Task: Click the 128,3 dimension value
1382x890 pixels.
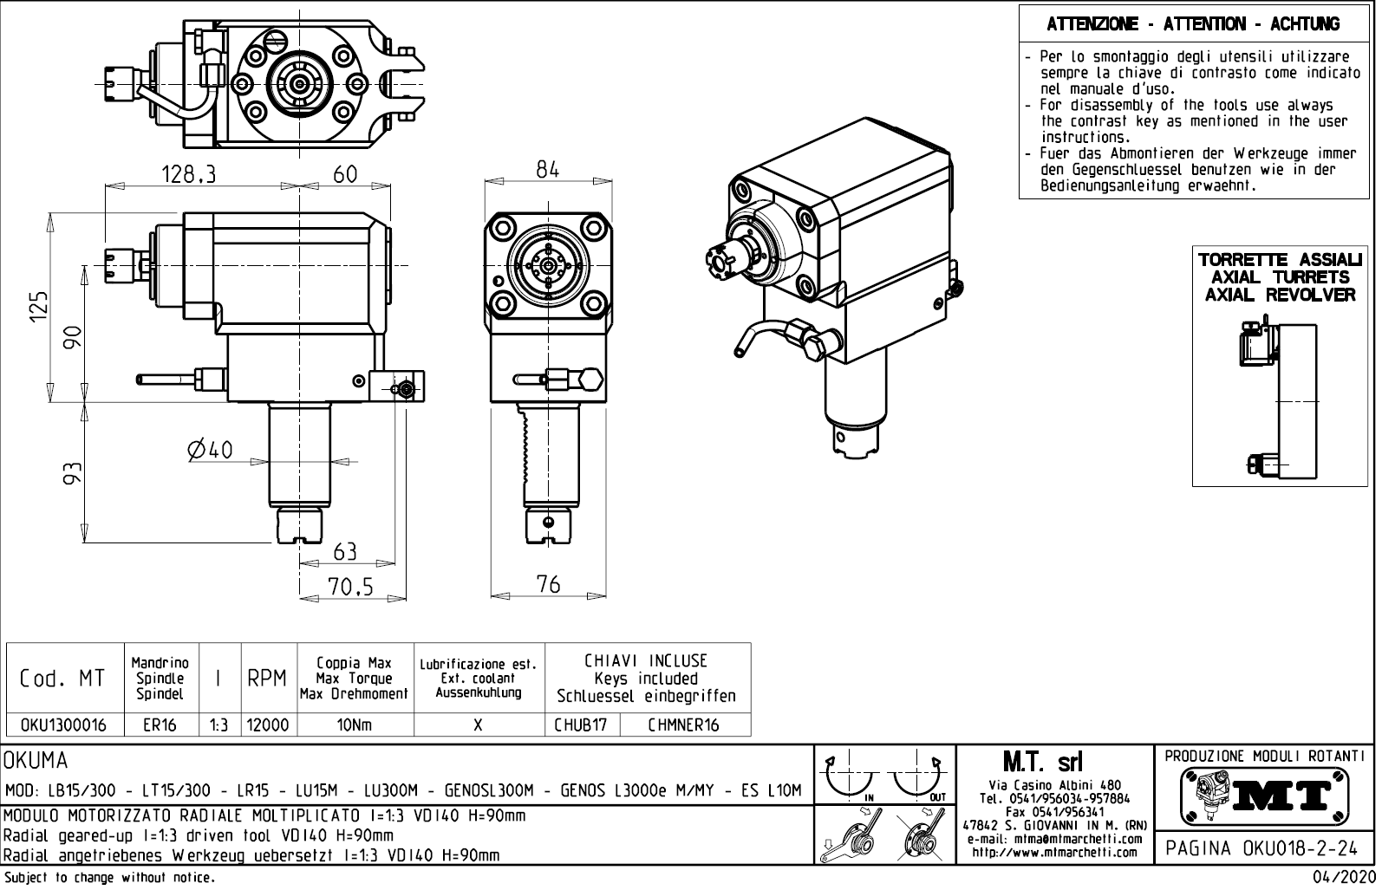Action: [x=188, y=175]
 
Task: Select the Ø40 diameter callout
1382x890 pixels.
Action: [x=210, y=450]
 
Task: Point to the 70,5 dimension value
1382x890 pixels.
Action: [x=350, y=588]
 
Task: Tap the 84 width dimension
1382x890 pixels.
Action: [x=548, y=170]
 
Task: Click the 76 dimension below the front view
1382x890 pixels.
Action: [x=548, y=585]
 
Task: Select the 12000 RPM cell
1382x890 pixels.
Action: [x=268, y=725]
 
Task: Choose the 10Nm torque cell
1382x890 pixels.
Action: [x=355, y=725]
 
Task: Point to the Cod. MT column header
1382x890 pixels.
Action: [x=62, y=679]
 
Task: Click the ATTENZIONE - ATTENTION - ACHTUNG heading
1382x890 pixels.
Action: [x=1193, y=24]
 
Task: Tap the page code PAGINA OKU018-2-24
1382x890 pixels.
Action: [x=1265, y=848]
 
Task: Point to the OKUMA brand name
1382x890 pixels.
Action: [x=36, y=762]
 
